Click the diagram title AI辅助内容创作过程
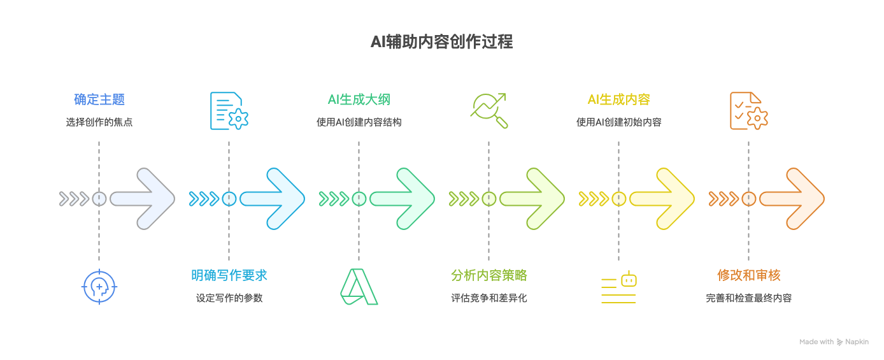click(x=441, y=42)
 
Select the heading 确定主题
click(x=99, y=99)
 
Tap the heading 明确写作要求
click(x=229, y=275)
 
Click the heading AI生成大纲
click(x=359, y=99)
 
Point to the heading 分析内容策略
click(x=488, y=275)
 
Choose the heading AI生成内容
click(x=618, y=99)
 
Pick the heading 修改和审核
click(x=748, y=275)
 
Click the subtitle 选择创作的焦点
click(x=99, y=122)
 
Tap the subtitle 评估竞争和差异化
click(x=488, y=298)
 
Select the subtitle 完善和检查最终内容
click(x=748, y=298)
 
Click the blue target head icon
click(x=99, y=287)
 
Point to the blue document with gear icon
click(x=229, y=111)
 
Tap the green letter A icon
click(x=359, y=287)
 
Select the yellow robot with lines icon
click(x=619, y=287)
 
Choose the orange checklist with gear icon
click(x=748, y=111)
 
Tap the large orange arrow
click(x=791, y=199)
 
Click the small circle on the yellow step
click(x=618, y=199)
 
